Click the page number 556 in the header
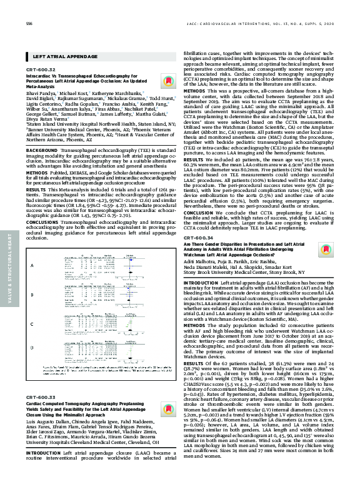pos(29,24)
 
